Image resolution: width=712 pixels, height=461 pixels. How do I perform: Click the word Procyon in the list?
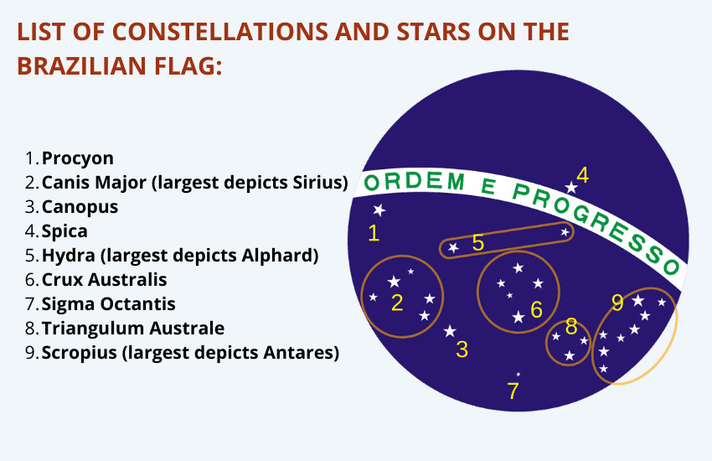point(78,158)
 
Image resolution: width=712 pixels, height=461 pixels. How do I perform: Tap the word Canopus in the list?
point(80,207)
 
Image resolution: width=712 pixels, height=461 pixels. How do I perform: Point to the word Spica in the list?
point(64,231)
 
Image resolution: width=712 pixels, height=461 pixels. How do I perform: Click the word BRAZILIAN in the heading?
point(82,66)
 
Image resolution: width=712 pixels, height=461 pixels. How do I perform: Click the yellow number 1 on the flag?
point(374,233)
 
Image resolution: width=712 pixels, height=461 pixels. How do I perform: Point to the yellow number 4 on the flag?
point(583,175)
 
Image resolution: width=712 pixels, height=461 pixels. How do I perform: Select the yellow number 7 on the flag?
point(513,391)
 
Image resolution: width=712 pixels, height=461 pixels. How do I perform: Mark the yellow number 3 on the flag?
point(462,350)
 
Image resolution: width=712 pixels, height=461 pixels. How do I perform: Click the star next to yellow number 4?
point(570,187)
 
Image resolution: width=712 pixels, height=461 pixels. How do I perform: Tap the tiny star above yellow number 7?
point(519,375)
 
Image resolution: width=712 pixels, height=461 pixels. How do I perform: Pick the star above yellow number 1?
point(379,210)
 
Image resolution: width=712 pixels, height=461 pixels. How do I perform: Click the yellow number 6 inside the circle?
point(537,310)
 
